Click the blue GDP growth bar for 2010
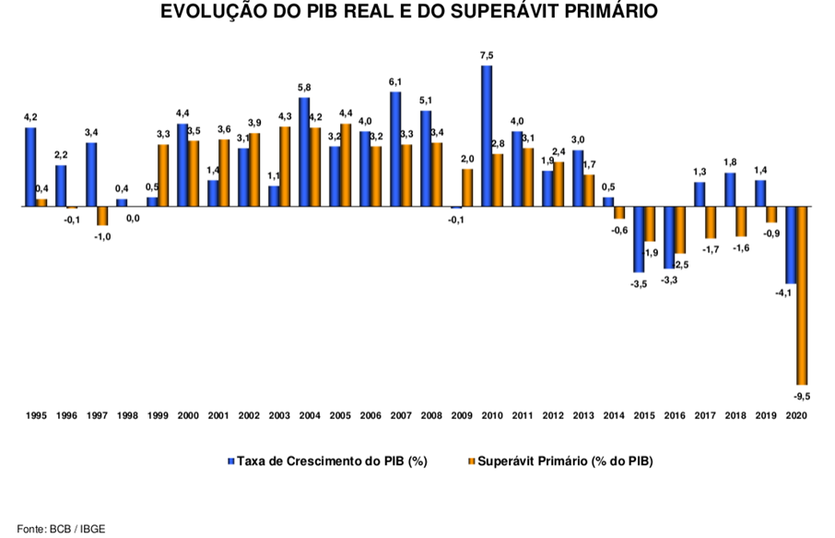click(x=487, y=136)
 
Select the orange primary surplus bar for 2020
click(x=802, y=295)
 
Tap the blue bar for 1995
click(x=30, y=167)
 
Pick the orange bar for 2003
click(x=285, y=166)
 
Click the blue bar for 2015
click(x=639, y=239)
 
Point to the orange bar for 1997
click(x=102, y=216)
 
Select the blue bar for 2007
click(x=395, y=149)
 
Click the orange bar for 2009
click(x=467, y=187)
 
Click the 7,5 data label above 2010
click(x=487, y=55)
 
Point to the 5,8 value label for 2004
click(x=304, y=88)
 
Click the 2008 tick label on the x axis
click(x=431, y=417)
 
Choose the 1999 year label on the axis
click(x=158, y=417)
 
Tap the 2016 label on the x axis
click(x=675, y=417)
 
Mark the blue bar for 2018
click(x=730, y=189)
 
